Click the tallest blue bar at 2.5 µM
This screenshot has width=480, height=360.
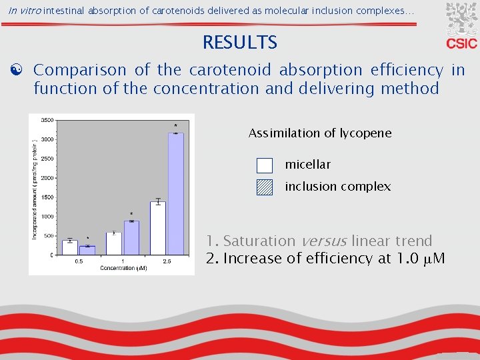[175, 193]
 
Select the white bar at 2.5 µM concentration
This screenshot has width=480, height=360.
[158, 228]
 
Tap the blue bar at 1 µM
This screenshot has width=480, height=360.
[132, 238]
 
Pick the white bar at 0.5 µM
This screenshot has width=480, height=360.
[70, 247]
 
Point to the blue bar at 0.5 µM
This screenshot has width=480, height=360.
[87, 251]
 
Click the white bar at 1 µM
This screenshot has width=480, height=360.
[114, 244]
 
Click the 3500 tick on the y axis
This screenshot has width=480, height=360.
[47, 120]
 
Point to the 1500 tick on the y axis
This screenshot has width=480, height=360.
[47, 197]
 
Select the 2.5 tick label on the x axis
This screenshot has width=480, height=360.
[167, 261]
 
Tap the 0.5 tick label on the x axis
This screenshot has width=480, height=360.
[79, 261]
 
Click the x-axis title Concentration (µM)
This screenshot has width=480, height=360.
[123, 269]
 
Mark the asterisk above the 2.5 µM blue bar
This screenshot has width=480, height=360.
[176, 126]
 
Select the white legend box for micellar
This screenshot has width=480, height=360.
[265, 165]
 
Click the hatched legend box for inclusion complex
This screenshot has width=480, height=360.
[265, 187]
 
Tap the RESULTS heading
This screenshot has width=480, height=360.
[240, 43]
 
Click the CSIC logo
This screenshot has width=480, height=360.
[461, 27]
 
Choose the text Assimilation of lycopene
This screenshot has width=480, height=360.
[320, 133]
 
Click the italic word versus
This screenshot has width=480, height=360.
[323, 241]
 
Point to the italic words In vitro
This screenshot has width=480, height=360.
[25, 12]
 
